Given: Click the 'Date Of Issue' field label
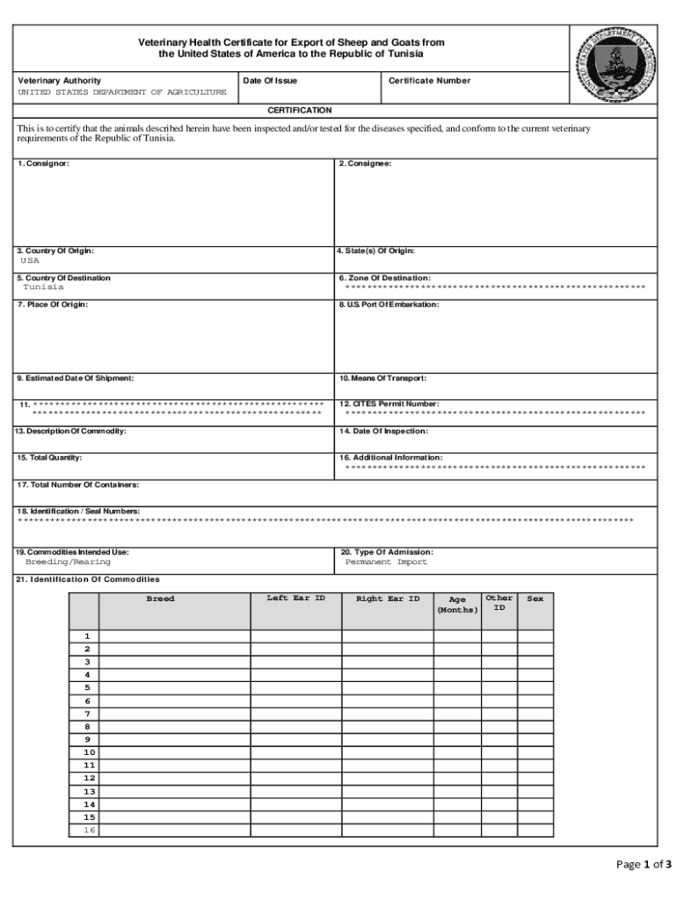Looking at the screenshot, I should click(270, 81).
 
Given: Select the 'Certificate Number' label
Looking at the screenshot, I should click(430, 81).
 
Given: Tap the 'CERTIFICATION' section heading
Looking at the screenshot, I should click(300, 111).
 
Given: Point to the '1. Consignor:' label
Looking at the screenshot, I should click(43, 164).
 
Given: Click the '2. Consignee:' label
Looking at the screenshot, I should click(365, 164).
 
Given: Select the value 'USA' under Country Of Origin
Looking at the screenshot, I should click(30, 261).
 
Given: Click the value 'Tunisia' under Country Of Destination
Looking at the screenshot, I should click(43, 287).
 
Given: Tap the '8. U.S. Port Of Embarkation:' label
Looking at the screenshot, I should click(389, 305).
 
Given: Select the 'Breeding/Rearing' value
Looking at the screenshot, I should click(68, 562).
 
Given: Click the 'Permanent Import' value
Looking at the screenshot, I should click(386, 562).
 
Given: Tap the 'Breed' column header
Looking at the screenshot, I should click(160, 599).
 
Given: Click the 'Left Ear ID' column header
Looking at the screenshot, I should click(295, 599).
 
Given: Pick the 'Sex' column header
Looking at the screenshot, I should click(535, 599).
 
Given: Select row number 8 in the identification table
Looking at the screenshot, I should click(87, 728).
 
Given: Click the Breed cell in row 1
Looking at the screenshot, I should click(174, 636).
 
